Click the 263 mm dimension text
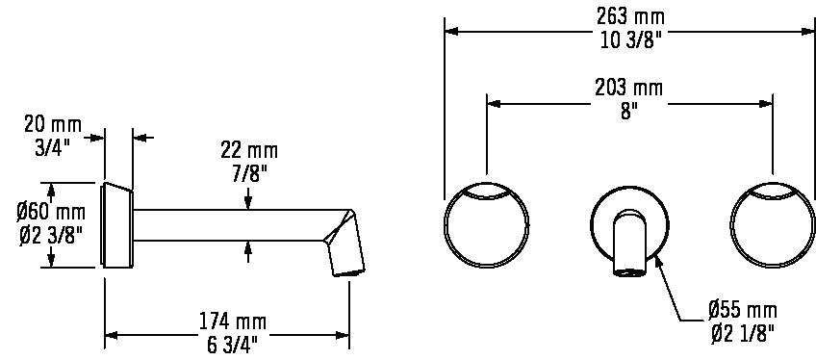tap(630, 16)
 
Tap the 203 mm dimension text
tap(629, 88)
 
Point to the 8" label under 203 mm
tap(629, 112)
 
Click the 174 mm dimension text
tap(233, 322)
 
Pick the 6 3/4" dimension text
tap(232, 346)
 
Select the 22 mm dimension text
tap(249, 151)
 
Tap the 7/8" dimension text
tap(249, 174)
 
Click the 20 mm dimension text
tap(53, 124)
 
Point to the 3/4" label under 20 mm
tap(52, 147)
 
